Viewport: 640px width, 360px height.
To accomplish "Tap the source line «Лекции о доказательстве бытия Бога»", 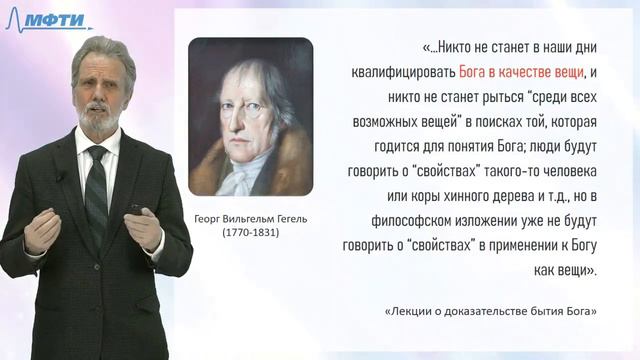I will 491,312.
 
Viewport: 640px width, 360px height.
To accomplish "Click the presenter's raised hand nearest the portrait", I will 145,229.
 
